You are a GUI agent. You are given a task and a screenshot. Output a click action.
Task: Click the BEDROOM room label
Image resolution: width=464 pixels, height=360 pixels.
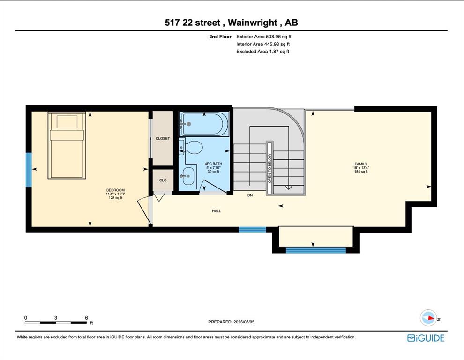click(x=115, y=190)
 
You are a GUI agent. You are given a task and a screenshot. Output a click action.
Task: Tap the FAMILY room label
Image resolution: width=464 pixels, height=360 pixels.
click(x=361, y=164)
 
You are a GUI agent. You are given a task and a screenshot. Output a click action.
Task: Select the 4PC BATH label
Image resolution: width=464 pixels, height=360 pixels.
click(x=213, y=164)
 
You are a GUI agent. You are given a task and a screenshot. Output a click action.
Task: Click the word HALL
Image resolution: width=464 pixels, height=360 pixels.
click(x=217, y=211)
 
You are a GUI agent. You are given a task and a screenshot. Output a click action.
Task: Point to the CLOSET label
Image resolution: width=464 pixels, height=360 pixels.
click(x=163, y=139)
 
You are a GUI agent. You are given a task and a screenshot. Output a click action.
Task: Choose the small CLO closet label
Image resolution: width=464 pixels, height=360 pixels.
click(x=163, y=180)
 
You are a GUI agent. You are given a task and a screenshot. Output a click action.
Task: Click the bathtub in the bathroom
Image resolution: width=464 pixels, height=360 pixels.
click(x=204, y=124)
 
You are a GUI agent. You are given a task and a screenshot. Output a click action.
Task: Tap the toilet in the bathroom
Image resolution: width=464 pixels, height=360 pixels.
click(x=191, y=147)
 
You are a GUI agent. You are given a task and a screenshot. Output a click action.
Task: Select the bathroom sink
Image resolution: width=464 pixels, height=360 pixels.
click(x=188, y=176)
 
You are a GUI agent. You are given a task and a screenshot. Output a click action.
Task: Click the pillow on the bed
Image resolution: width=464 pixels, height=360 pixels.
click(x=67, y=122)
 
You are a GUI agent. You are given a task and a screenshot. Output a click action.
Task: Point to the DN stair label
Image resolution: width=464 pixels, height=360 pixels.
click(x=250, y=195)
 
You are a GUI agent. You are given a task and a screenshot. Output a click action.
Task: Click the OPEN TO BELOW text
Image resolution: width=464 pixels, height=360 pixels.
click(x=269, y=168)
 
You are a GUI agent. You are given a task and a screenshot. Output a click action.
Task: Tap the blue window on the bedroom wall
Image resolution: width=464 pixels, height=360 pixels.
click(x=29, y=170)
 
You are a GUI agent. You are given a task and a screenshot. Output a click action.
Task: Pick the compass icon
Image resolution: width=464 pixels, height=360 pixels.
click(x=428, y=318)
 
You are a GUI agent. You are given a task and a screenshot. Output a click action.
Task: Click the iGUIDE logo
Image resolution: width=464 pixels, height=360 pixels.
click(x=426, y=338)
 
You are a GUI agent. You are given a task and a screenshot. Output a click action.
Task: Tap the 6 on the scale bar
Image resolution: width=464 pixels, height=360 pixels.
click(x=86, y=318)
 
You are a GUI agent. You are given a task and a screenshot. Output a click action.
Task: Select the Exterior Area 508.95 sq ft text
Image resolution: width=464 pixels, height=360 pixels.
click(x=264, y=37)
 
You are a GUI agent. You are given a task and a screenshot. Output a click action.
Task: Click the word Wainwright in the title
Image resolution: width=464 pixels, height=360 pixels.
click(x=253, y=23)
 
